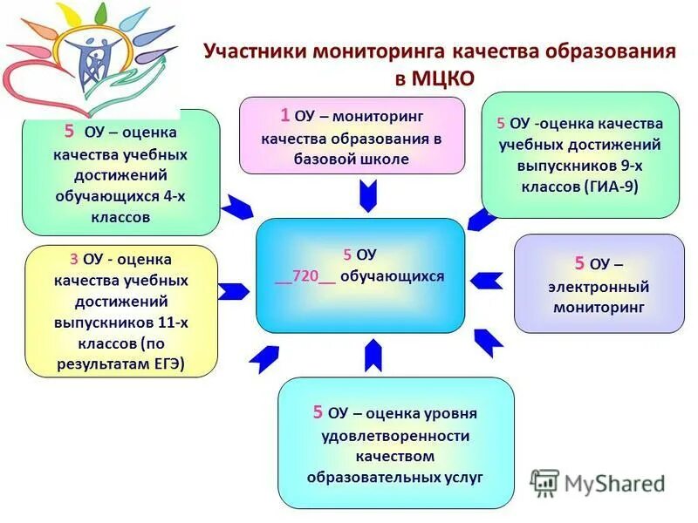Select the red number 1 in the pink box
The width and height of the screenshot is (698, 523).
point(285,114)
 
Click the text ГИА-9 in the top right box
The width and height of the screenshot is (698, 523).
point(610,186)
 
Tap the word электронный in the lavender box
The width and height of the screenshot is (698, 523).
point(599,287)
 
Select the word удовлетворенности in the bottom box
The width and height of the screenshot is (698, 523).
point(395,435)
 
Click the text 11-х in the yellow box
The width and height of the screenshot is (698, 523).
point(171,323)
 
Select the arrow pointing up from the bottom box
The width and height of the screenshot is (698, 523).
point(373,355)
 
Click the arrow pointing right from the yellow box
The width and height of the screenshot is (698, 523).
point(233,291)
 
